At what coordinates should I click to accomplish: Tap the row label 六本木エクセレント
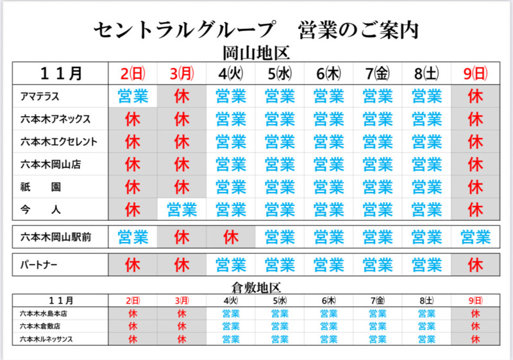pyautogui.click(x=55, y=141)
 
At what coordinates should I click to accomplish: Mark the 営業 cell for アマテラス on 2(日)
pyautogui.click(x=133, y=97)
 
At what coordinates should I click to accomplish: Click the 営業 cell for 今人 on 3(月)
pyautogui.click(x=181, y=209)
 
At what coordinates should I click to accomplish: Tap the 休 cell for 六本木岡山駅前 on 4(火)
pyautogui.click(x=230, y=237)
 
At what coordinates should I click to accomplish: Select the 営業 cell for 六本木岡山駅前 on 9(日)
pyautogui.click(x=476, y=237)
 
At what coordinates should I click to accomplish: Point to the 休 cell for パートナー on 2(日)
pyautogui.click(x=133, y=264)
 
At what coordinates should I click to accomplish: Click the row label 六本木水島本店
pyautogui.click(x=44, y=314)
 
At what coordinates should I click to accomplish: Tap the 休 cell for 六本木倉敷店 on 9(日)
pyautogui.click(x=476, y=326)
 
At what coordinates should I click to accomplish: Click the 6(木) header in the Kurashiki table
pyautogui.click(x=329, y=300)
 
